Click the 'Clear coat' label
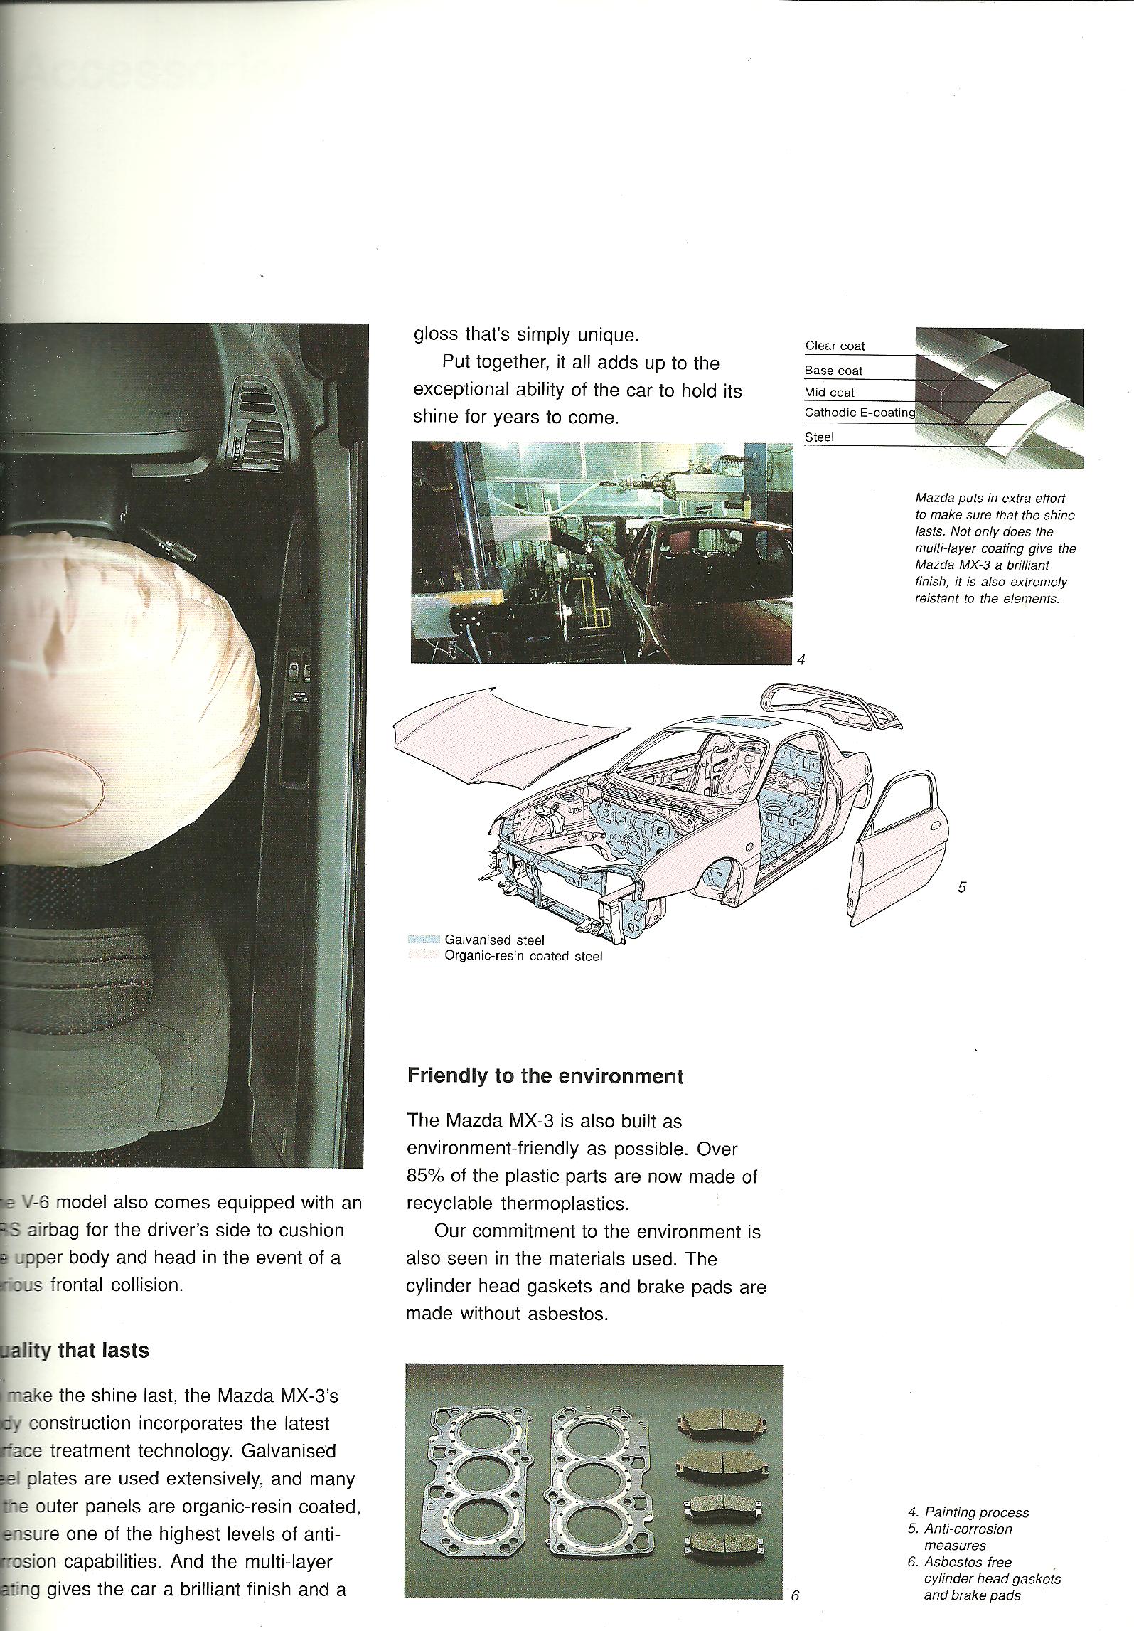(835, 346)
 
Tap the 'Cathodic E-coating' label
(860, 412)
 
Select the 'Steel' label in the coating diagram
(819, 437)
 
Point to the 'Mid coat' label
(829, 392)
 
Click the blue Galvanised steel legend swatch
(424, 940)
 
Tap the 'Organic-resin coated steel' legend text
(523, 956)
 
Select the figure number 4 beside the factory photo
(801, 660)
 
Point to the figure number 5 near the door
(962, 887)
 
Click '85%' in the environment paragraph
(425, 1176)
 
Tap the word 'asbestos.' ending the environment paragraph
(568, 1314)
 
